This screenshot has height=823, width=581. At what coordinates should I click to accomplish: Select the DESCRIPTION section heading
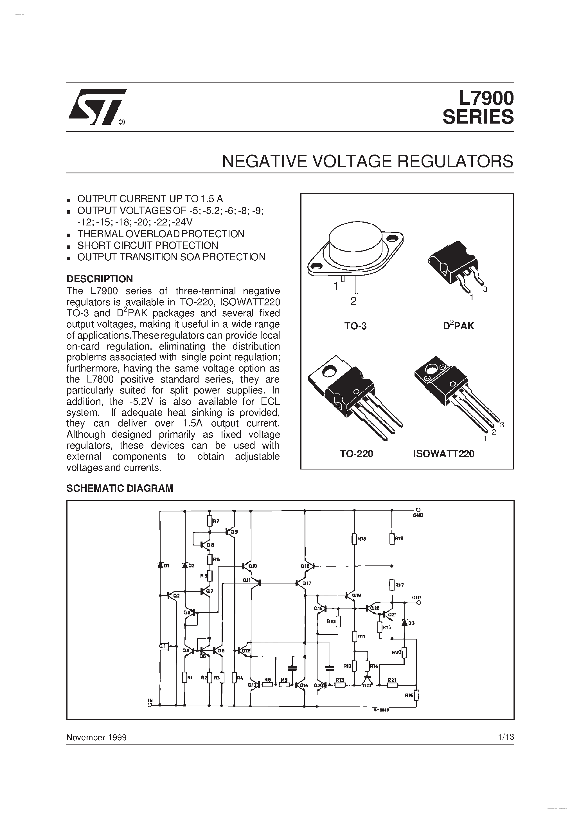[x=100, y=279]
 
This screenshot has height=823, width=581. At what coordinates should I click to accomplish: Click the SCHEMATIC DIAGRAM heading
[x=120, y=488]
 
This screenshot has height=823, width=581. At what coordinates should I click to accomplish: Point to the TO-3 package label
[x=355, y=326]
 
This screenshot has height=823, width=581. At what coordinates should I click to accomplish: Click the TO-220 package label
[x=356, y=454]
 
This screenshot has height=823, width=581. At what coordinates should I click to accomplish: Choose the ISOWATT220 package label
[x=443, y=454]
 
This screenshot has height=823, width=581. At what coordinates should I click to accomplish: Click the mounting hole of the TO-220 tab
[x=329, y=372]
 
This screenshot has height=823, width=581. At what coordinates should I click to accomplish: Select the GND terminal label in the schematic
[x=418, y=515]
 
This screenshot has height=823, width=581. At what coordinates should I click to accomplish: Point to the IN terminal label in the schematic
[x=150, y=700]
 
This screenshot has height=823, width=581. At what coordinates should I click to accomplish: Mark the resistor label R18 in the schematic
[x=362, y=538]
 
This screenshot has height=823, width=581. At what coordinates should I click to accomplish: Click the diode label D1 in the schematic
[x=166, y=566]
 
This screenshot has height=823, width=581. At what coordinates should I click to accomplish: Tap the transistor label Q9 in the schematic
[x=234, y=532]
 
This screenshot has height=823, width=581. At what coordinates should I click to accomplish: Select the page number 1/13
[x=505, y=737]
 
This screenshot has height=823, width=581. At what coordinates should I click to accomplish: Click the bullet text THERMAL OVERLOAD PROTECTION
[x=161, y=234]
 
